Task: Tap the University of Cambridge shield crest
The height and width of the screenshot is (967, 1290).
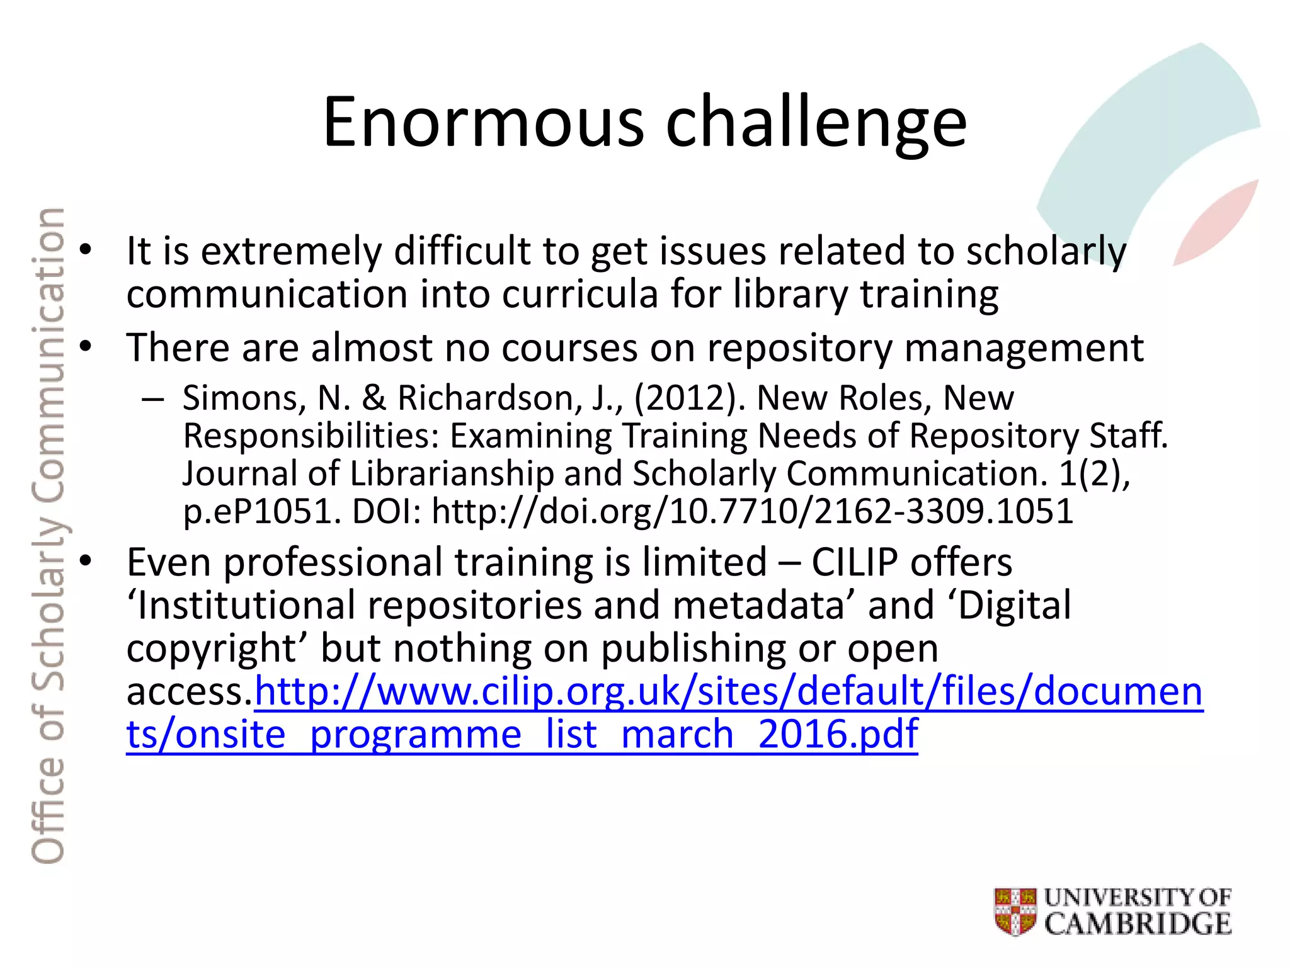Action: click(1015, 911)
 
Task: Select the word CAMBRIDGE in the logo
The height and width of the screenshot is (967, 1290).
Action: click(1138, 924)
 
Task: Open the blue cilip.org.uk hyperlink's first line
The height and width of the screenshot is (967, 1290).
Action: click(728, 691)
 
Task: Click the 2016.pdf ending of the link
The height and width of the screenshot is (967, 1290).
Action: click(838, 734)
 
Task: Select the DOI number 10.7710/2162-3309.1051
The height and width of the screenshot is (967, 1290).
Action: click(871, 511)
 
